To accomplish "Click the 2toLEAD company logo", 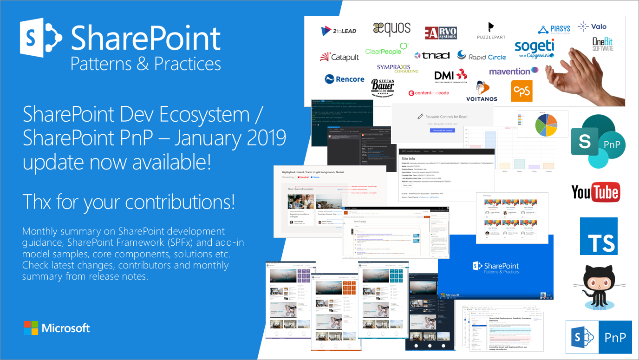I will coord(339,31).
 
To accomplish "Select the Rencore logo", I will coord(344,79).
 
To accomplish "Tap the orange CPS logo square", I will coord(522,91).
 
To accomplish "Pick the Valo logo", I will coord(592,27).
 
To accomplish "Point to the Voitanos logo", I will coord(482,91).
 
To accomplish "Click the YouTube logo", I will coord(595,192).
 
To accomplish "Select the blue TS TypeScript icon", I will coord(599,236).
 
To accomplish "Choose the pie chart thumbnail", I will coord(536,124).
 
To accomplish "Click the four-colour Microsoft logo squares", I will coord(31,328).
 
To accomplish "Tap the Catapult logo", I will coord(339,57).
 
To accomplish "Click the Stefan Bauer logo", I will coord(383,88).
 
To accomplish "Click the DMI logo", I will coord(450,76).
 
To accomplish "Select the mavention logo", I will coord(514,71).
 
